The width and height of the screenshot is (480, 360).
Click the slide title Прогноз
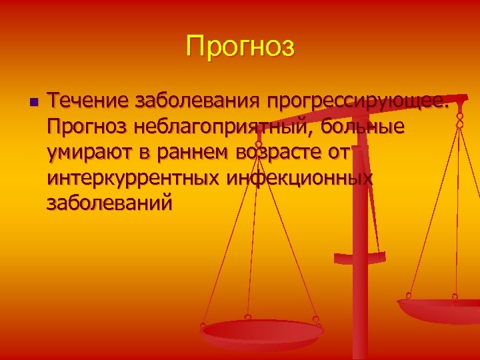pyautogui.click(x=240, y=47)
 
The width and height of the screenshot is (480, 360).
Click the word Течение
pyautogui.click(x=87, y=102)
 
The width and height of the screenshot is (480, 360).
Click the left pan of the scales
pyautogui.click(x=263, y=331)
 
